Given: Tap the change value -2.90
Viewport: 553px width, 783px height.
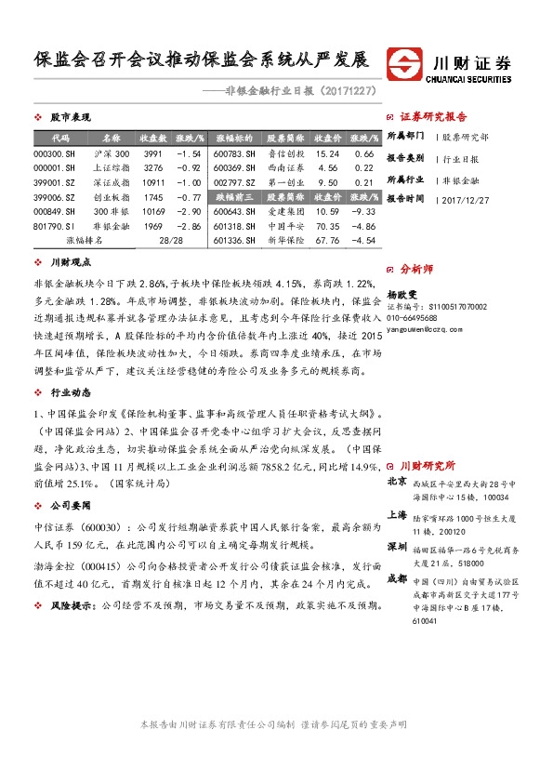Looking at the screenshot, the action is pyautogui.click(x=189, y=211).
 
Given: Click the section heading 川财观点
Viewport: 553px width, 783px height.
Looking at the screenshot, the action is pyautogui.click(x=68, y=263).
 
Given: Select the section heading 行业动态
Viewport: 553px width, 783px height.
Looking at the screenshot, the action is pyautogui.click(x=68, y=392).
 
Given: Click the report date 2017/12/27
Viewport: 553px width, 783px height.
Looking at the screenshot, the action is pyautogui.click(x=465, y=199).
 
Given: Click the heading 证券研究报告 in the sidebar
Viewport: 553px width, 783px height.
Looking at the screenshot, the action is pyautogui.click(x=433, y=117).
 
